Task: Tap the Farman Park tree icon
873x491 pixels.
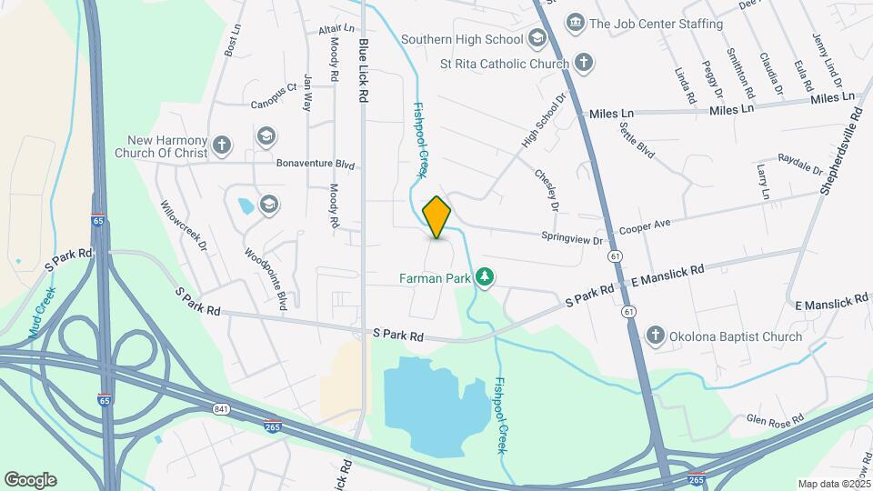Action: coord(486,276)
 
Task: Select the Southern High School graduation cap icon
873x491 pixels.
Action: coord(537,38)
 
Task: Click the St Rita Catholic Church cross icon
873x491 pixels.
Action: coord(583,63)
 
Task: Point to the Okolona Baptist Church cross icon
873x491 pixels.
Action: coord(654,336)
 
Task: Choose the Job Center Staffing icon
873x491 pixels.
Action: coord(574,22)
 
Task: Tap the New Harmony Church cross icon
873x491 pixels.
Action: coord(221,145)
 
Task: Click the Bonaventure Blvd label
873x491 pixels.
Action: coord(315,165)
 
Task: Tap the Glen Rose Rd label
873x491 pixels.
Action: coord(775,419)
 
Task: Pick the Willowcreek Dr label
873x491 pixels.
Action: coord(185,225)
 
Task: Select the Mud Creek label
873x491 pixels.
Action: coord(42,313)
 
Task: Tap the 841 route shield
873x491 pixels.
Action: coord(222,410)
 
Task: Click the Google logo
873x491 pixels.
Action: coord(30,480)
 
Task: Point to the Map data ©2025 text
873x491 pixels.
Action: coord(832,484)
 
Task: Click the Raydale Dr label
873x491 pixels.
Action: coord(800,165)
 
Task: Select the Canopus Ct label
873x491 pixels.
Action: coord(274,89)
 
